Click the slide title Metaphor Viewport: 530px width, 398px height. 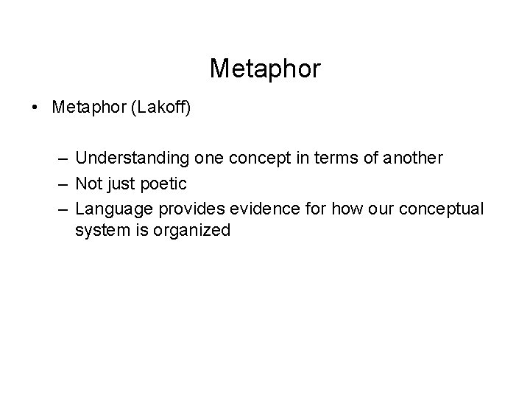coord(265,69)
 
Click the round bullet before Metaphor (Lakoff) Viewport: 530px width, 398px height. coord(37,108)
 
